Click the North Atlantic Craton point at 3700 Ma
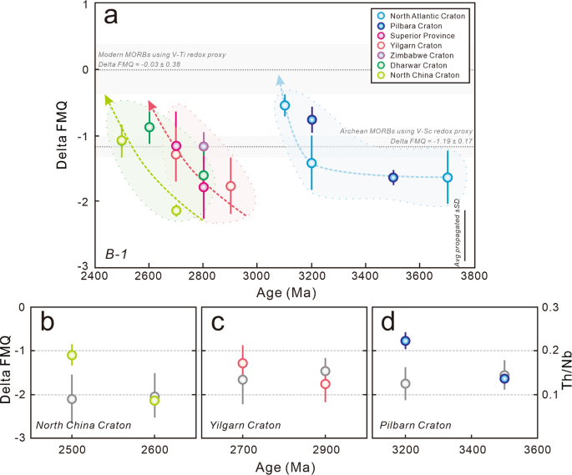point(448,177)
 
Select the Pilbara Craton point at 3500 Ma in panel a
point(393,177)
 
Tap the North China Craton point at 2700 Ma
point(176,210)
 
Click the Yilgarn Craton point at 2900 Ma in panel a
point(230,186)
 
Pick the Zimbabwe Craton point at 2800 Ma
point(204,146)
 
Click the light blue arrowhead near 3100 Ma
point(280,79)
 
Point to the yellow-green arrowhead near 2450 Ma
point(109,99)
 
